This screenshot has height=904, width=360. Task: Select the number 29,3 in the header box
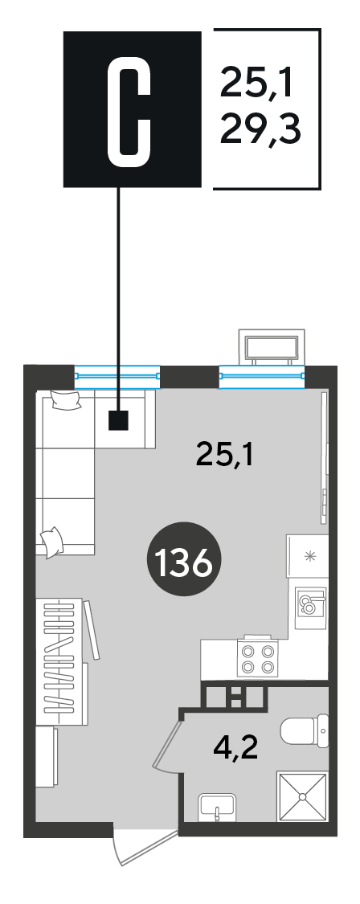[x=261, y=131]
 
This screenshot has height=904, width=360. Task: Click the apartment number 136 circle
[x=179, y=562]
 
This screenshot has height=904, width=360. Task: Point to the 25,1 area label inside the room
[x=225, y=454]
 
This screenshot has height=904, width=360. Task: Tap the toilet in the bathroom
[x=305, y=730]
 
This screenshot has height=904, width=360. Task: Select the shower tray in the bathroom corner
[x=302, y=796]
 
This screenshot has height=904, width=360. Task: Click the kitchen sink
[x=310, y=607]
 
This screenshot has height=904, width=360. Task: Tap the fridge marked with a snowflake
[x=308, y=556]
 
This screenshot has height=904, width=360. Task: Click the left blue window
[x=117, y=375]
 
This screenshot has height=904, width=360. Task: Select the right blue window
[x=261, y=375]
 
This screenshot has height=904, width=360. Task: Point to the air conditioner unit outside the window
[x=272, y=348]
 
